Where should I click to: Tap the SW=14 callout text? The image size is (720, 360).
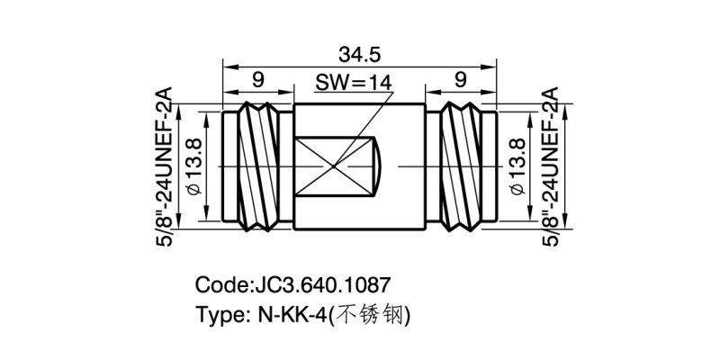(x=354, y=83)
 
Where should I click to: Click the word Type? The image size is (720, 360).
(x=217, y=316)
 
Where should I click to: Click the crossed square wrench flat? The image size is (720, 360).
(x=334, y=166)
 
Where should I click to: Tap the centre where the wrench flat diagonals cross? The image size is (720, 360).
(x=334, y=166)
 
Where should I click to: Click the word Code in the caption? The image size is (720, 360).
(x=219, y=286)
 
